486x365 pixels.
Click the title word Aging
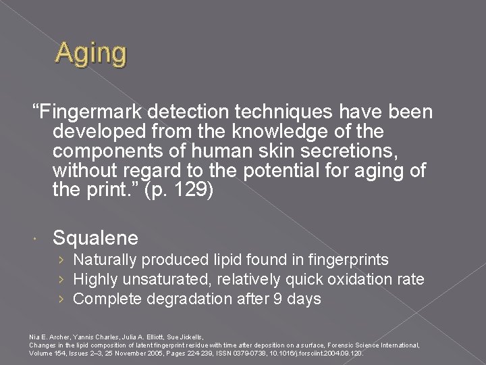90,53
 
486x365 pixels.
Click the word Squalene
95,237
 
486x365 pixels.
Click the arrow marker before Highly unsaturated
61,279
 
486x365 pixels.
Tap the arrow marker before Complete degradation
61,299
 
